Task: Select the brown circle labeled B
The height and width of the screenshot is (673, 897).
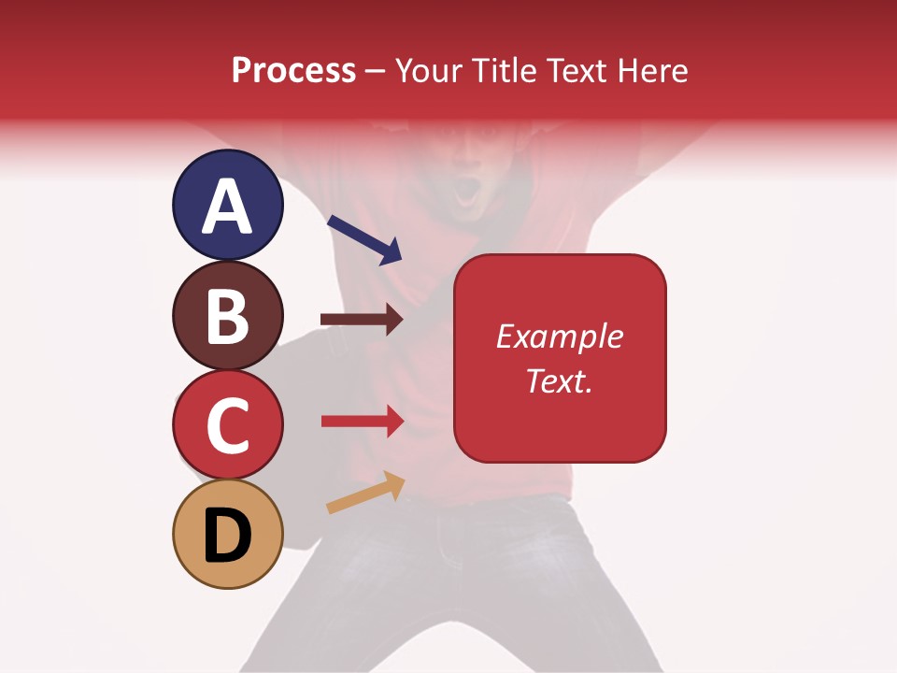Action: coord(227,316)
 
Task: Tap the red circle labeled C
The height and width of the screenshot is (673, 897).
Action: coord(227,425)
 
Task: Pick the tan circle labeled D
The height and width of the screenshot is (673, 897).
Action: coord(227,534)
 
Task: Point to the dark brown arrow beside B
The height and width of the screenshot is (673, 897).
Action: coord(362,320)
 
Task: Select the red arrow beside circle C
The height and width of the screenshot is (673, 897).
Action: coord(363,422)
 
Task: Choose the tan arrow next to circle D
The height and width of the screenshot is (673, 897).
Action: coord(365,493)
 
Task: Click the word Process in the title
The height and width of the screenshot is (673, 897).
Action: coord(293,70)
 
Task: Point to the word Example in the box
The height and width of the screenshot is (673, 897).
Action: coord(559,336)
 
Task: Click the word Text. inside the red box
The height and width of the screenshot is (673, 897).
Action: coord(559,380)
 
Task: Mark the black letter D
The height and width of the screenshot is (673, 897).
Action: coord(228,535)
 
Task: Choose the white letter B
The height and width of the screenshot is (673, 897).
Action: coord(227,317)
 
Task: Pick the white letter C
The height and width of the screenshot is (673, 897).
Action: coord(227,426)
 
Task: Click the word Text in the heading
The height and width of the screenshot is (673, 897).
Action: coord(576,70)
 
